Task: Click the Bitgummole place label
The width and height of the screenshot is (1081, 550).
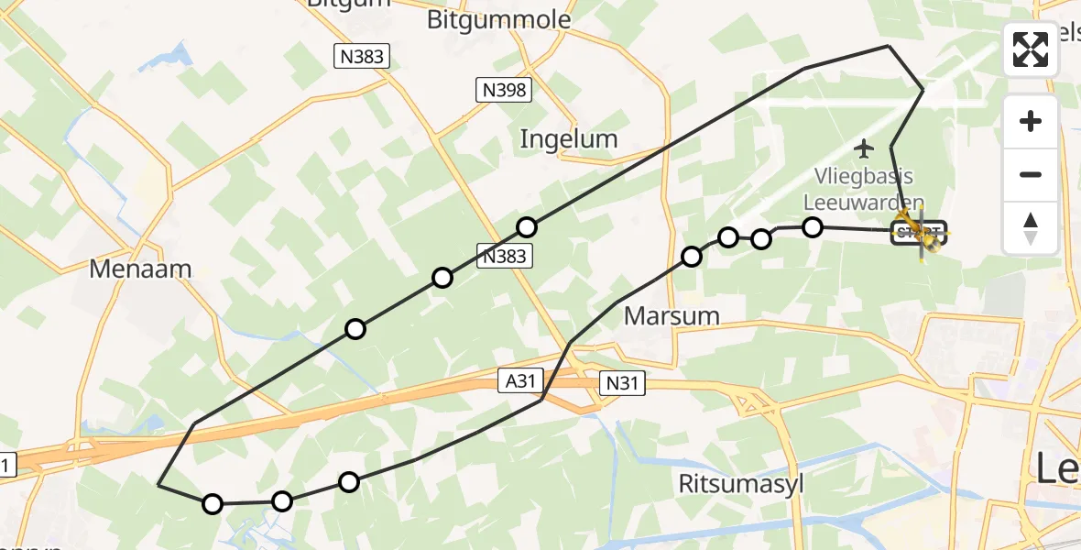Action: pos(499,20)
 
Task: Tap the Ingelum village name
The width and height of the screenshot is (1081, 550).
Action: pos(569,139)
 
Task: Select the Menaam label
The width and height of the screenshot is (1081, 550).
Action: pos(140,269)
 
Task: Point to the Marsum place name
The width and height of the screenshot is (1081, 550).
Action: pos(672,316)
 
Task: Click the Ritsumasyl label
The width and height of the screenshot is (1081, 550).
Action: pos(741,483)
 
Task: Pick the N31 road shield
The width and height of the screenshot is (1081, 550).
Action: pos(622,384)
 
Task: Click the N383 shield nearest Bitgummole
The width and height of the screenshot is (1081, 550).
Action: pos(360,57)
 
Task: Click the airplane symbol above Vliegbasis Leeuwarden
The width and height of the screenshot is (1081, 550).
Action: pos(863,147)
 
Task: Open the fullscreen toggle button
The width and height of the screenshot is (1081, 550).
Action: pos(1031,49)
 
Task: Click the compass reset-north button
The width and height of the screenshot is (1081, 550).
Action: pos(1031,226)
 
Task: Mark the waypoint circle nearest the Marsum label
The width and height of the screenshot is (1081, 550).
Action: pos(692,257)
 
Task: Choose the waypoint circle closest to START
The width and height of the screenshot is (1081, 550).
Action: pos(813,227)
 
